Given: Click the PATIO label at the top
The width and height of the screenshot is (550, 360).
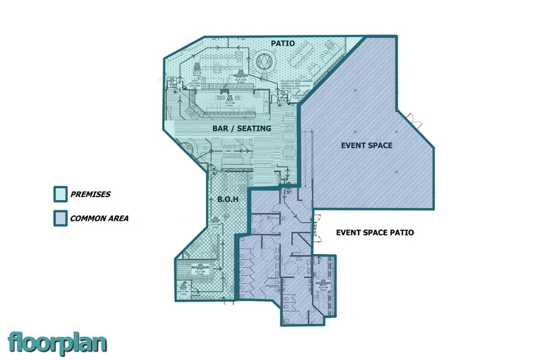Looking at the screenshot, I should pyautogui.click(x=283, y=44).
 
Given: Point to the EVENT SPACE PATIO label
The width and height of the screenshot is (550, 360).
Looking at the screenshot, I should pyautogui.click(x=375, y=233).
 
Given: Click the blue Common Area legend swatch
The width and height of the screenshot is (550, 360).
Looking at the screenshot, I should pyautogui.click(x=60, y=218).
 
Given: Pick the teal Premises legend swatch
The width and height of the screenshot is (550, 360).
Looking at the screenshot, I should pyautogui.click(x=60, y=194).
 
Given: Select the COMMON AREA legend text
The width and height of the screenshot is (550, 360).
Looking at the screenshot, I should pyautogui.click(x=99, y=218).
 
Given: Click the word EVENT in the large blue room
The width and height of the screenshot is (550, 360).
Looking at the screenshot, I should pyautogui.click(x=352, y=146).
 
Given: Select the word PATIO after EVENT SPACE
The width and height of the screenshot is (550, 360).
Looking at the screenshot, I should pyautogui.click(x=402, y=233).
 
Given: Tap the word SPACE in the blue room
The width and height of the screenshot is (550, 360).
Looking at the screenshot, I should pyautogui.click(x=381, y=146).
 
